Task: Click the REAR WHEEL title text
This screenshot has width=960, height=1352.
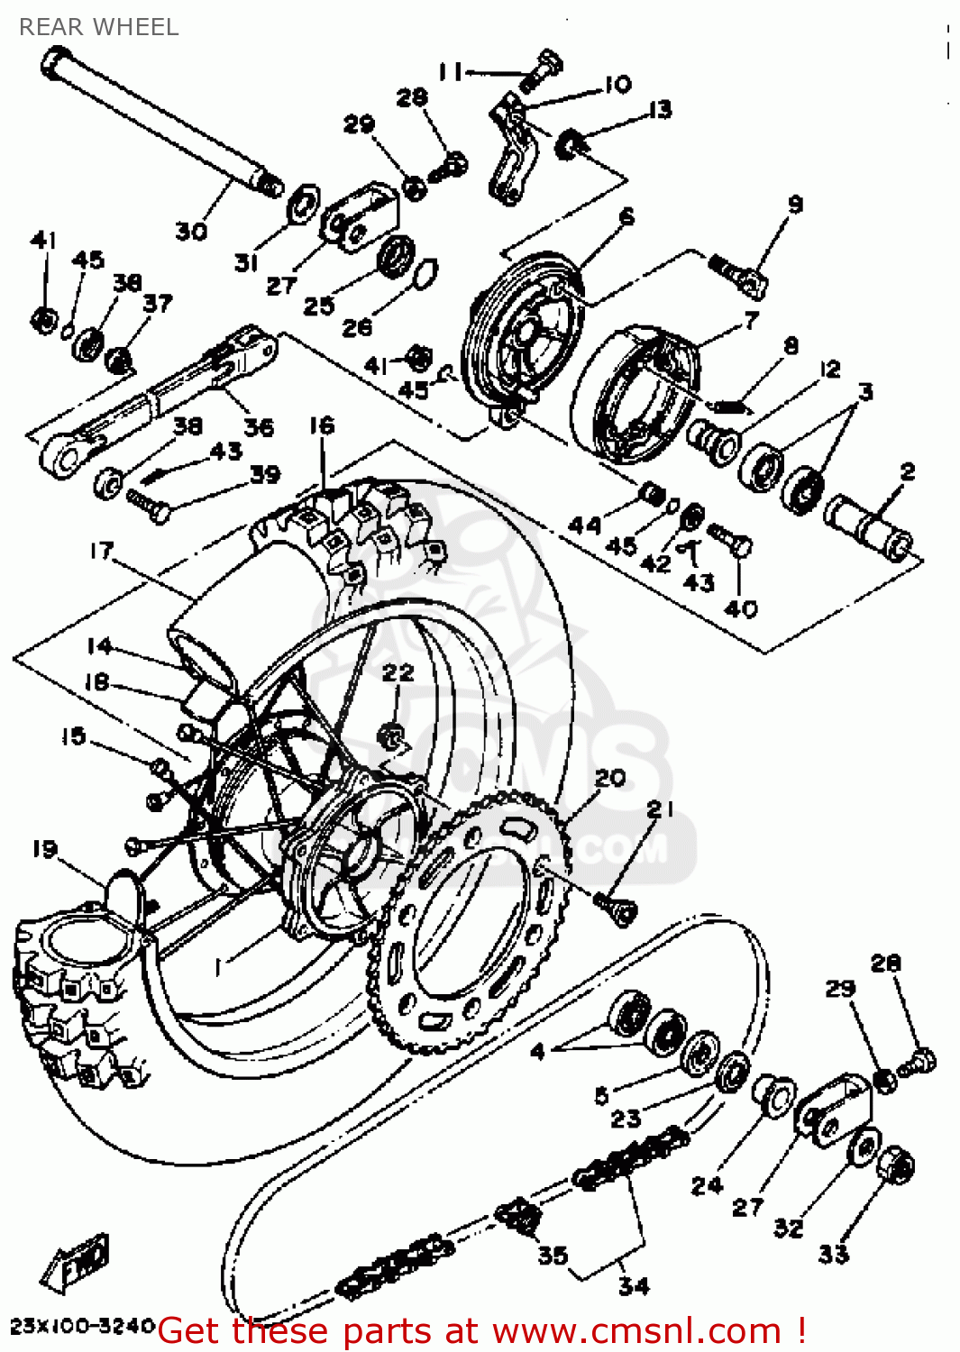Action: coord(99,27)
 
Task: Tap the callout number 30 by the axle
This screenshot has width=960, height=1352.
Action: coord(190,232)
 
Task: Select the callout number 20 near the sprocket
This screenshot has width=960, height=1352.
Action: coord(610,777)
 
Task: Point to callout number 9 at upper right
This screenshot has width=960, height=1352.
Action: coord(794,205)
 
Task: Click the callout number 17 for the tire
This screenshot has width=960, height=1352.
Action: coord(102,550)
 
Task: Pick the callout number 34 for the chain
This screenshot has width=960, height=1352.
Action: coord(634,1286)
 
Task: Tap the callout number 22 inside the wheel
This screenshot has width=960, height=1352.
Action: coord(398,672)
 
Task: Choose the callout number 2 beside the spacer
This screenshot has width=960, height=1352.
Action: coord(907,470)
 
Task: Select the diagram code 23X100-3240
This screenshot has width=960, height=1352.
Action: coord(83,1326)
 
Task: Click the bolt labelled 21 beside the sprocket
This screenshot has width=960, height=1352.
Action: coord(616,906)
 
